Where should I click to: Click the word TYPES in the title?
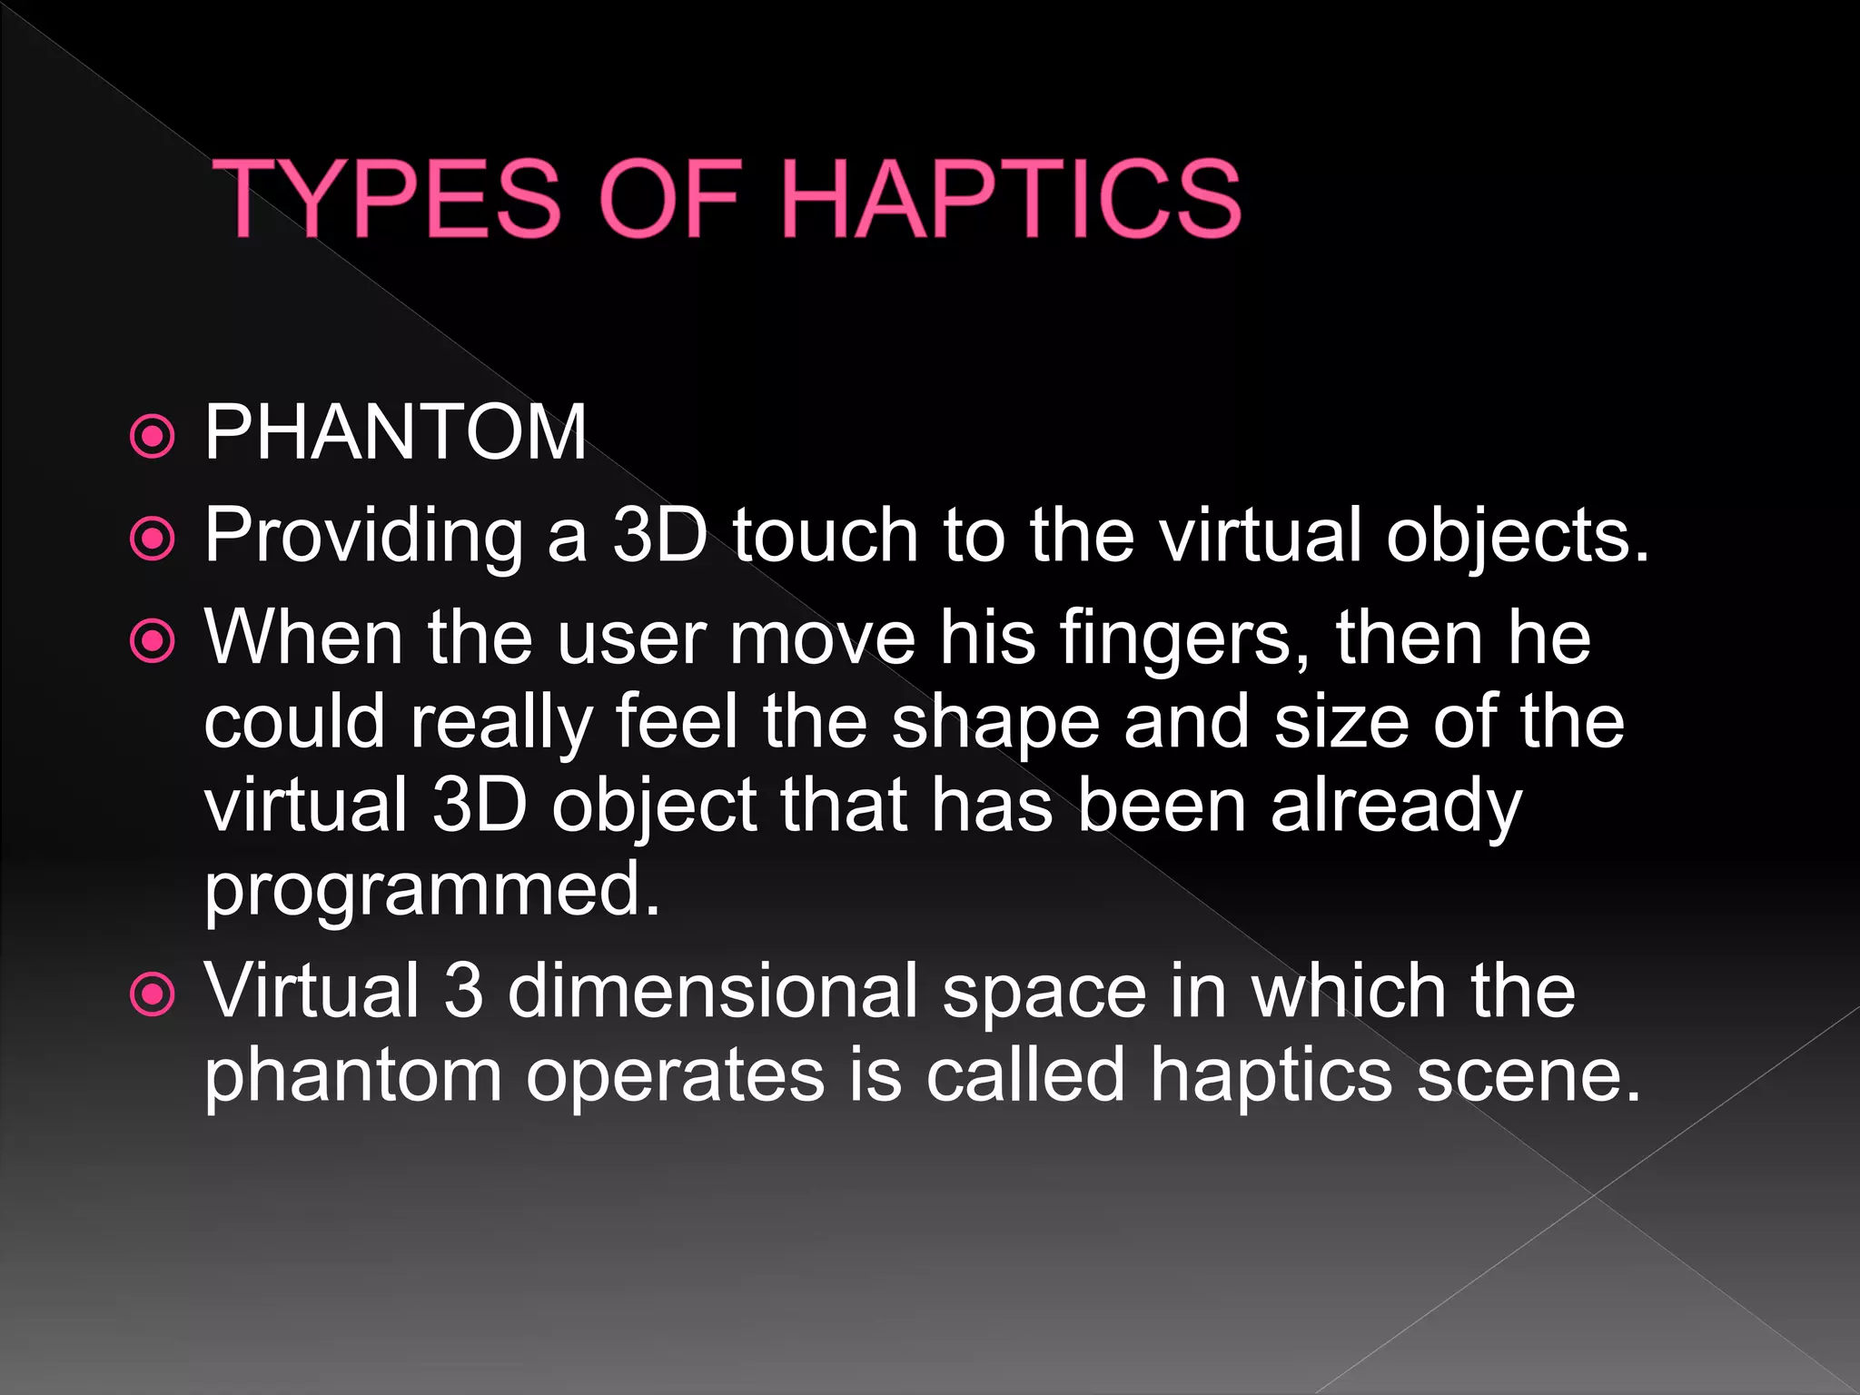391,199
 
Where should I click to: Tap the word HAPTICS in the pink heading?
1010,199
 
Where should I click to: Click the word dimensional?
713,991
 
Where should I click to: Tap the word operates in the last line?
676,1077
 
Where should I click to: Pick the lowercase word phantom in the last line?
352,1077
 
